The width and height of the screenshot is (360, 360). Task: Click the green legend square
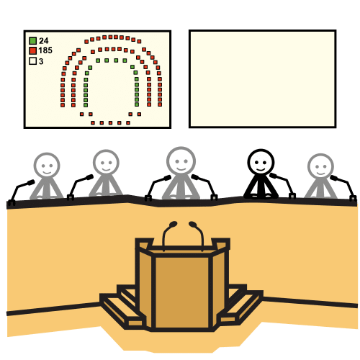[x=33, y=41]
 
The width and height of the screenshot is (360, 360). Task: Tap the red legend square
[x=33, y=50]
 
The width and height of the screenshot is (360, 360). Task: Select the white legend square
[x=33, y=61]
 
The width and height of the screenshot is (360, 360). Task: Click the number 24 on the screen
[x=44, y=41]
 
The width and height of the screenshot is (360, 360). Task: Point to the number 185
[x=45, y=50]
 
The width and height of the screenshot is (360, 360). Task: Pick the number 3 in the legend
[x=41, y=61]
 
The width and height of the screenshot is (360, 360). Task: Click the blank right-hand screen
[x=263, y=78]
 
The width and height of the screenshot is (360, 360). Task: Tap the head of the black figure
[x=261, y=162]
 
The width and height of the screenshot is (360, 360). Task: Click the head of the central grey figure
[x=181, y=161]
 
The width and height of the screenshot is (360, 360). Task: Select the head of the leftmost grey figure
[x=47, y=166]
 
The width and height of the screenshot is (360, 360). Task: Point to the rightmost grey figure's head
[x=320, y=166]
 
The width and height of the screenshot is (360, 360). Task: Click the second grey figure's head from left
[x=106, y=162]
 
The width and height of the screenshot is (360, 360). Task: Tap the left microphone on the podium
[x=168, y=236]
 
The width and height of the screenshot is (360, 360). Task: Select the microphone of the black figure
[x=283, y=186]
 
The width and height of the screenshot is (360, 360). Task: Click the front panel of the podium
[x=182, y=292]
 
